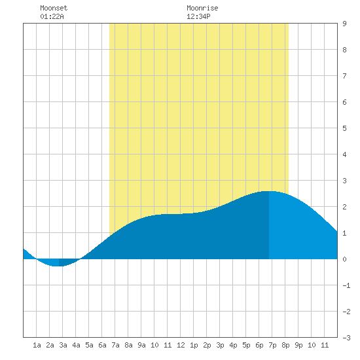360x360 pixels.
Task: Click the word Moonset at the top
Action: click(54, 8)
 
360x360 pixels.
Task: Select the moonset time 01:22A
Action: click(52, 16)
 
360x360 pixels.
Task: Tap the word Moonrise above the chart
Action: click(202, 8)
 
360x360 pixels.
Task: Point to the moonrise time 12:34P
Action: click(198, 16)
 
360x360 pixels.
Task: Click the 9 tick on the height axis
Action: click(344, 24)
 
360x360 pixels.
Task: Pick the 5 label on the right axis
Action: click(344, 128)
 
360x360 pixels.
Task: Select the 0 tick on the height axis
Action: click(344, 259)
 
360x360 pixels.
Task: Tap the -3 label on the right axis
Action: click(346, 338)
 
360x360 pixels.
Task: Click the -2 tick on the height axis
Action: click(346, 312)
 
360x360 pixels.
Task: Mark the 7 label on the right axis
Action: click(344, 76)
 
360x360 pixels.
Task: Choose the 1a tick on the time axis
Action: click(37, 345)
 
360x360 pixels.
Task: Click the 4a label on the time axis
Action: click(76, 345)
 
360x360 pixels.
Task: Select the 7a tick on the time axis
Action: click(115, 345)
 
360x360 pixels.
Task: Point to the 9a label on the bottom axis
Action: click(141, 345)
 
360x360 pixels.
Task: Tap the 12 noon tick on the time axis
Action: click(181, 345)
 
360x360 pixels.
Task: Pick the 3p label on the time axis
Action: click(220, 345)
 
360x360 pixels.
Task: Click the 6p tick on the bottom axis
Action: click(259, 345)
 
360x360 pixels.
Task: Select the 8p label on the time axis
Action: click(285, 345)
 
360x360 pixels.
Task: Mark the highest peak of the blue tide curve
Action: click(268, 191)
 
